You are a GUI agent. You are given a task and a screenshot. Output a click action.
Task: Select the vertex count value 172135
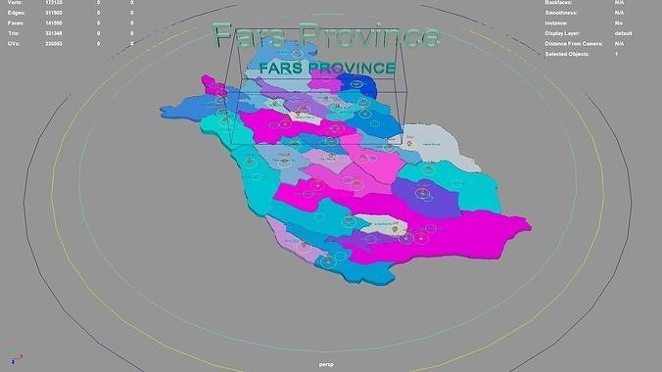[x=55, y=4]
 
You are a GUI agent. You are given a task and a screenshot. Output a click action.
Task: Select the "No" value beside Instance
[x=619, y=23]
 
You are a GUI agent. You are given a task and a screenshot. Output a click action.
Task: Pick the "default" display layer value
[x=624, y=33]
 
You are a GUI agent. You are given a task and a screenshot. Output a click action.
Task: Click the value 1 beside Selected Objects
[x=616, y=54]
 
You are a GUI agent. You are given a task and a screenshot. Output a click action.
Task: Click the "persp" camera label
[x=327, y=364]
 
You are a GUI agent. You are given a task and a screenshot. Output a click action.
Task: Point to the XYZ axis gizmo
[x=13, y=357]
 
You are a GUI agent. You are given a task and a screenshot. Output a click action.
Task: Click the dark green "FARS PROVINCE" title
[x=328, y=70]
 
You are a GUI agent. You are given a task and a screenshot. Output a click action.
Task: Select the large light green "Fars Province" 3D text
[x=324, y=37]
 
